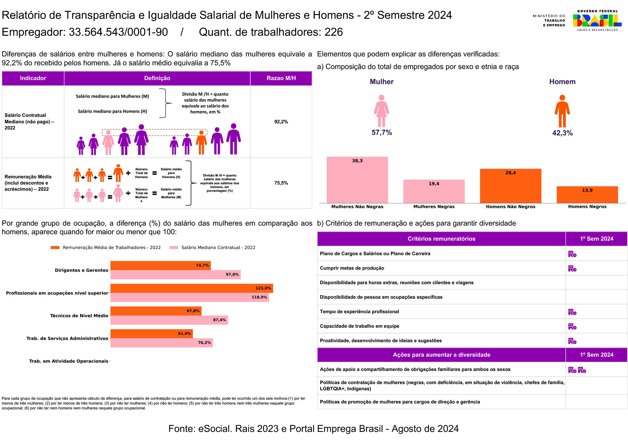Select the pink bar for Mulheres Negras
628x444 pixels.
click(x=434, y=191)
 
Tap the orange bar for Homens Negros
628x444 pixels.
click(x=587, y=194)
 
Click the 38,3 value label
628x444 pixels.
click(x=357, y=161)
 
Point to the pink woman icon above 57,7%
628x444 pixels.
click(x=382, y=111)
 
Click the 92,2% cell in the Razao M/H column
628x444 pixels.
click(x=281, y=122)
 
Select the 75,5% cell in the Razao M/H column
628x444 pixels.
click(x=281, y=183)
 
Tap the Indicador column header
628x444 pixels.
click(x=33, y=78)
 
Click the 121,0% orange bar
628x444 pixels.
click(x=192, y=288)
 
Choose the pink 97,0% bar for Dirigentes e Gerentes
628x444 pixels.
click(x=176, y=275)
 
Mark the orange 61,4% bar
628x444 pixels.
click(x=151, y=334)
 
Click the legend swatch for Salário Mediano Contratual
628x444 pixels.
click(x=174, y=248)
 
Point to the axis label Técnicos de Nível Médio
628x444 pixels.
click(x=79, y=316)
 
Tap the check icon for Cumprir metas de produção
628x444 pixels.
click(x=572, y=268)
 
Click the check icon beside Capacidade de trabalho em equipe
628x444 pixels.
click(x=572, y=326)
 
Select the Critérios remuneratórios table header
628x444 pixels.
click(x=441, y=239)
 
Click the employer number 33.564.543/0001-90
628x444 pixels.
click(x=118, y=32)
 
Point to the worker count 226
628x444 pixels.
click(x=334, y=32)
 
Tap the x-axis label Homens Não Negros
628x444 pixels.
click(x=511, y=207)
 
